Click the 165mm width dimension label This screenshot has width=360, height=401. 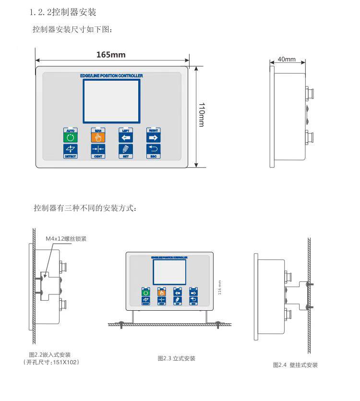coord(111,55)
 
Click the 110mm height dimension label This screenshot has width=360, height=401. coord(202,115)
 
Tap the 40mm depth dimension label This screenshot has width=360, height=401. coord(287,59)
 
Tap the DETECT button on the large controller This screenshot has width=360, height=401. coord(70,151)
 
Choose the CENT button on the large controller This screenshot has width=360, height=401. coord(98,151)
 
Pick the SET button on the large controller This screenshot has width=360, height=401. coord(126,151)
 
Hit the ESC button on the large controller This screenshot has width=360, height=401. coord(154,151)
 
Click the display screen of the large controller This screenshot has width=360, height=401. coord(112,99)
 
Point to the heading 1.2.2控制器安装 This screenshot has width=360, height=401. coord(63,12)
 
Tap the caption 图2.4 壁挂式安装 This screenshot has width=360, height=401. coord(295,365)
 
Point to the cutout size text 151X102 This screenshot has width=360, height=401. coord(64,362)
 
